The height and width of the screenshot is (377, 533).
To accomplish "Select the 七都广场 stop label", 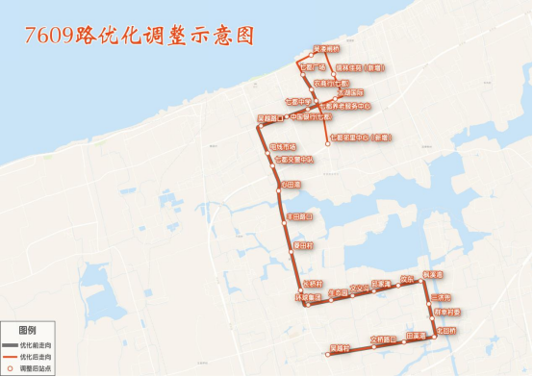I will pos(314,68).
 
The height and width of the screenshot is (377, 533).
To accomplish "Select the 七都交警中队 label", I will pos(294,159).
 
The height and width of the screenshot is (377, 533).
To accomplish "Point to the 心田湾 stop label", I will pos(292,185).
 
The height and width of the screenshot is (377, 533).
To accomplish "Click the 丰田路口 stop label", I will pos(298,217).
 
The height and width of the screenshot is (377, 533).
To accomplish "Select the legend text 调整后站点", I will pos(34,367).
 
